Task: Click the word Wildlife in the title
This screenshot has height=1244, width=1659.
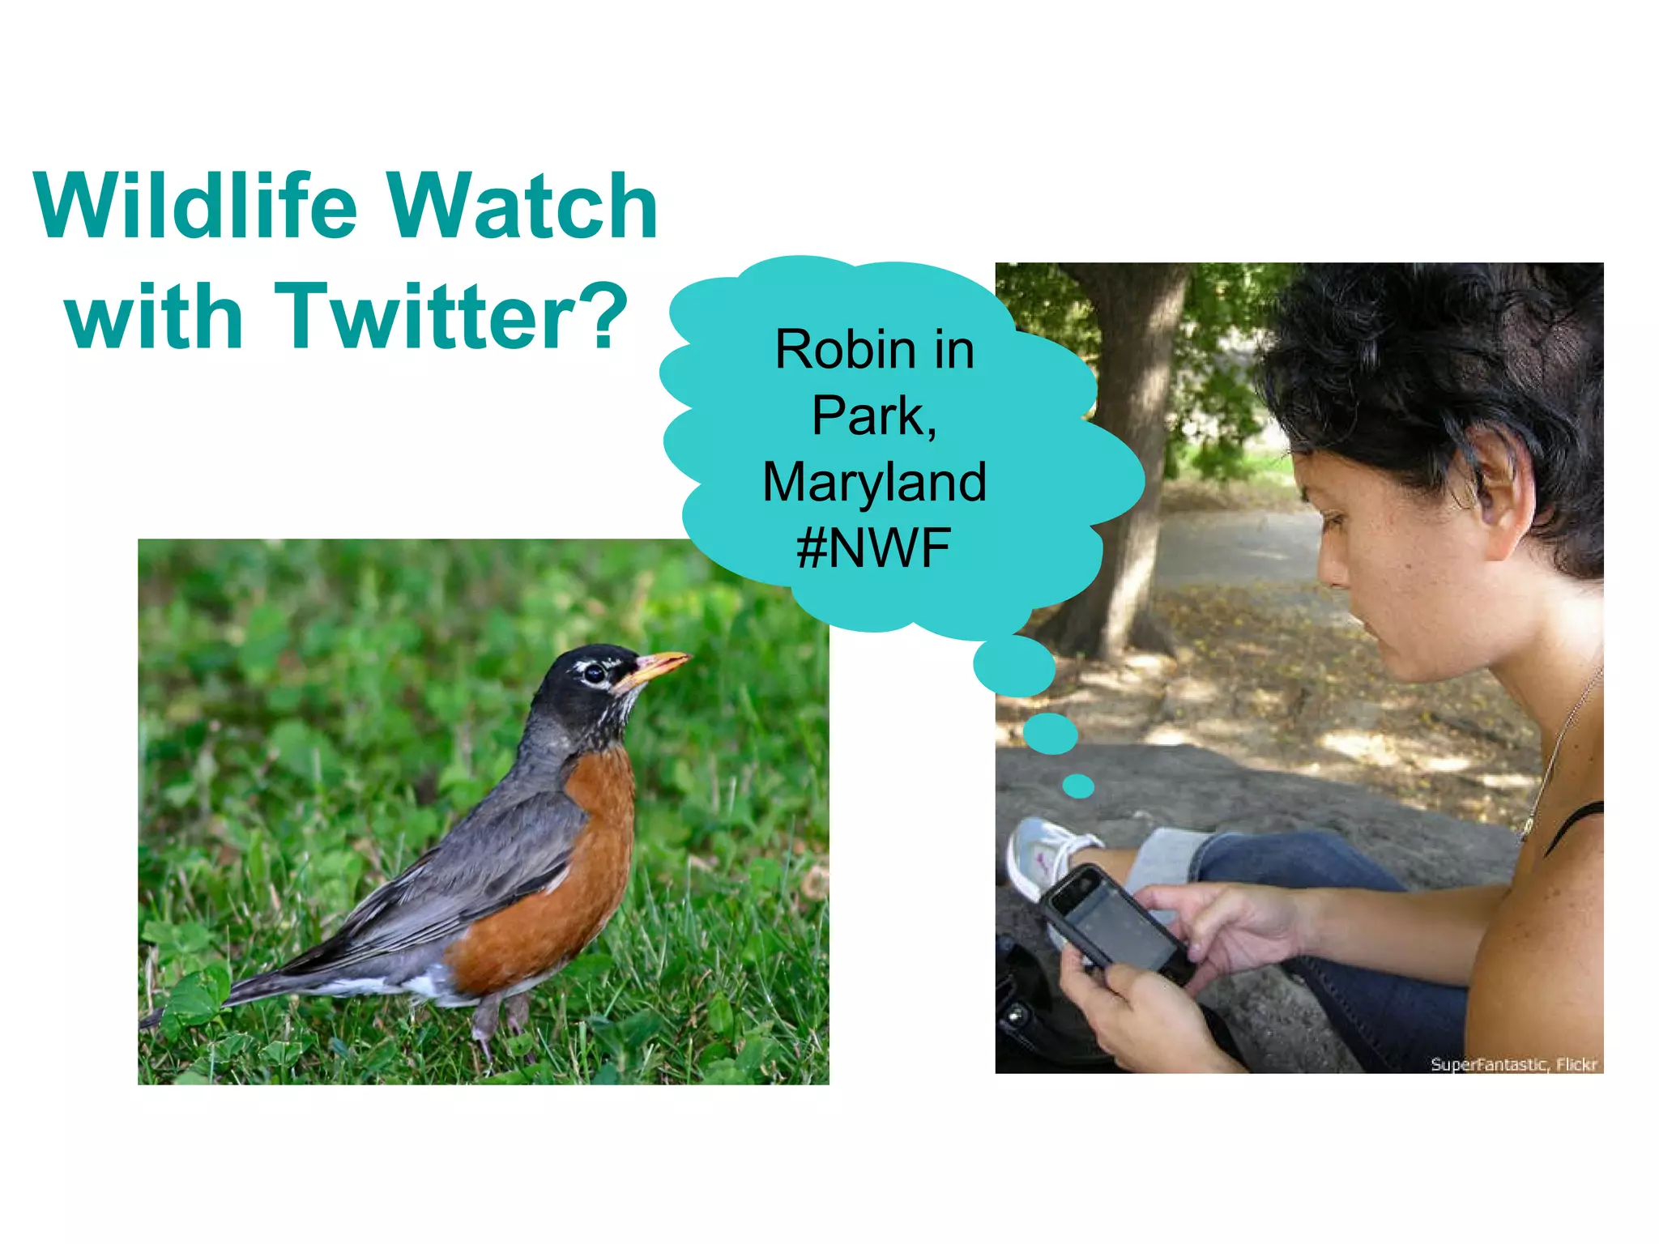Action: [x=195, y=207]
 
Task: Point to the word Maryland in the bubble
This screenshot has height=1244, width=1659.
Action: [x=874, y=482]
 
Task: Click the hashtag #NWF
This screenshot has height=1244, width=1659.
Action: [x=873, y=548]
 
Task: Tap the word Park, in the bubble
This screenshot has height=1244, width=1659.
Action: [x=874, y=416]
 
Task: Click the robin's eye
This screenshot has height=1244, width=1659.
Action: [x=595, y=672]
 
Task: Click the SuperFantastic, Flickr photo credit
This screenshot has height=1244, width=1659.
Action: [x=1513, y=1064]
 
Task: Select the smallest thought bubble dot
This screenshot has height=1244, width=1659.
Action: [x=1078, y=786]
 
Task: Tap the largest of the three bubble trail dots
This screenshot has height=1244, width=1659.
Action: [x=1014, y=666]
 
